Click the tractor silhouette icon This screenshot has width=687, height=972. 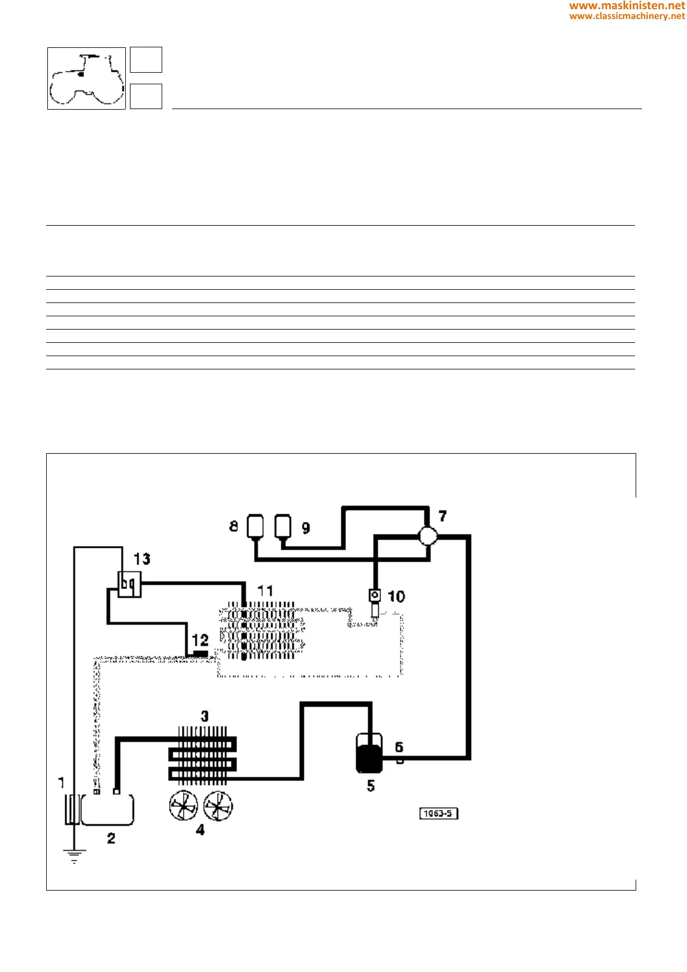point(87,78)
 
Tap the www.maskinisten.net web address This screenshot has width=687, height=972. point(627,6)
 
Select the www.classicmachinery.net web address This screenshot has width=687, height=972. point(627,16)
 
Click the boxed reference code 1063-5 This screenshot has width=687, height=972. point(438,814)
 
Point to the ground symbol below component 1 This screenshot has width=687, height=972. point(74,855)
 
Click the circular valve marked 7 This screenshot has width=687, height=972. point(428,536)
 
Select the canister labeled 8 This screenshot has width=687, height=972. point(255,526)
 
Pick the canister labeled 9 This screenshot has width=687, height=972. point(283,526)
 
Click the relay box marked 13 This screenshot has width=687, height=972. point(129,584)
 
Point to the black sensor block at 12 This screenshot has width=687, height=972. point(200,653)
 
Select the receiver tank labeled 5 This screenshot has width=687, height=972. point(369,754)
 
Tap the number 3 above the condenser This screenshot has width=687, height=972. point(204,716)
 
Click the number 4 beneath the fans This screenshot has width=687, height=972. point(200,830)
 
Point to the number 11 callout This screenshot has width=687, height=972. point(265,591)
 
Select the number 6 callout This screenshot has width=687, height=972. point(399,747)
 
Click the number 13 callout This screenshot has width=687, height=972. point(142,559)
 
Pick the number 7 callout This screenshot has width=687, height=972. point(442,516)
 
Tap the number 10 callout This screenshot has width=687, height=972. point(396,596)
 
